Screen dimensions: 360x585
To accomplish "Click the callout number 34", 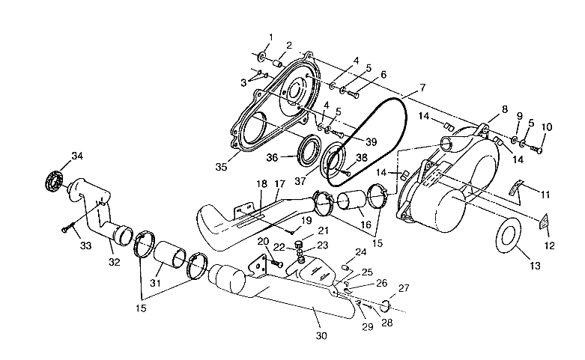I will [76, 156].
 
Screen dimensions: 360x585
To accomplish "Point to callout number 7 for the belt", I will [422, 88].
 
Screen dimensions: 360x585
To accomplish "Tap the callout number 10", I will [545, 127].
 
